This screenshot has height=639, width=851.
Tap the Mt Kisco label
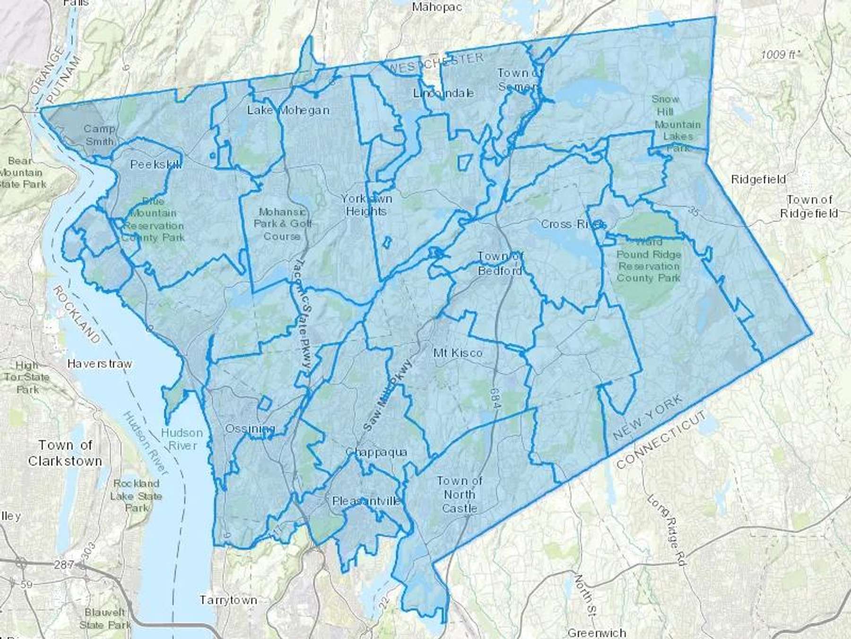pyautogui.click(x=458, y=353)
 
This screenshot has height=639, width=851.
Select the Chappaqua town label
pyautogui.click(x=376, y=452)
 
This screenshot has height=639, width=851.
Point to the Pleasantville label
pyautogui.click(x=366, y=501)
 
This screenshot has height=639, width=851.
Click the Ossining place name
pyautogui.click(x=250, y=429)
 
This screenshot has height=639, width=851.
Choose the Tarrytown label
pyautogui.click(x=228, y=600)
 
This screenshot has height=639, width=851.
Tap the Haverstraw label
pyautogui.click(x=100, y=364)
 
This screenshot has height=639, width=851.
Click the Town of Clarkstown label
pyautogui.click(x=65, y=453)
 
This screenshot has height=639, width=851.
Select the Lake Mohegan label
pyautogui.click(x=288, y=110)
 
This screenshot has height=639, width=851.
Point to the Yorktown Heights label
pyautogui.click(x=366, y=204)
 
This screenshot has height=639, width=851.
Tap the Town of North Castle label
pyautogui.click(x=459, y=495)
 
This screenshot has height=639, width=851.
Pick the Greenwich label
pyautogui.click(x=597, y=632)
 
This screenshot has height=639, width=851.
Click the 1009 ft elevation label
pyautogui.click(x=778, y=55)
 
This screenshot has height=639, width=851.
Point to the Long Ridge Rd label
pyautogui.click(x=667, y=530)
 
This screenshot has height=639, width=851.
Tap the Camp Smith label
pyautogui.click(x=99, y=135)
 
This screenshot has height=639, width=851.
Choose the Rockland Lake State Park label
pyautogui.click(x=136, y=496)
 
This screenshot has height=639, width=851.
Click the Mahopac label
pyautogui.click(x=436, y=7)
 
